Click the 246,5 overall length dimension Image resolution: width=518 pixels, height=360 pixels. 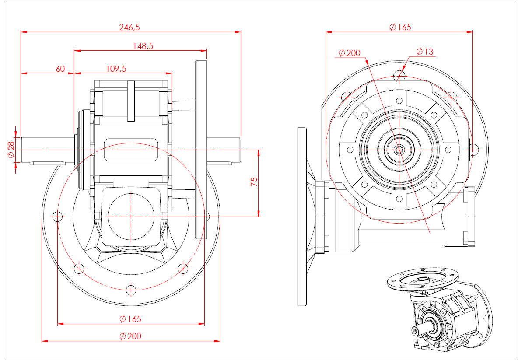pos(129,27)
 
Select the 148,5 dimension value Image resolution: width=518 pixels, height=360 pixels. pos(143,45)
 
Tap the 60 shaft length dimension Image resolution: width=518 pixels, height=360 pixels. pos(60,69)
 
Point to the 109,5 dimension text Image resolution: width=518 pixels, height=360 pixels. pos(116,69)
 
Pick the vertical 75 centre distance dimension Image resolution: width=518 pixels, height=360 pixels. pos(254,182)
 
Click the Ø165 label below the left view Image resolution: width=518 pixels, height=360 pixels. pos(130,318)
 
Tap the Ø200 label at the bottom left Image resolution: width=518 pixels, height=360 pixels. pos(130,336)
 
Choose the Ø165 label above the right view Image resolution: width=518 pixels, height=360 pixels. pos(400,27)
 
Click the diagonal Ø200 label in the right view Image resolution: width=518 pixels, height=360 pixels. pos(349,53)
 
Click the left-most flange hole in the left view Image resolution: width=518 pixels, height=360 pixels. pos(57,216)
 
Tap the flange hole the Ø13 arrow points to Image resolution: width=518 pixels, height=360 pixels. pos(399,76)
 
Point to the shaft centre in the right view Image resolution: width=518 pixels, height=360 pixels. pos(399,150)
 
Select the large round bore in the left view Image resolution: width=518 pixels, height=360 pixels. pos(131,216)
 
